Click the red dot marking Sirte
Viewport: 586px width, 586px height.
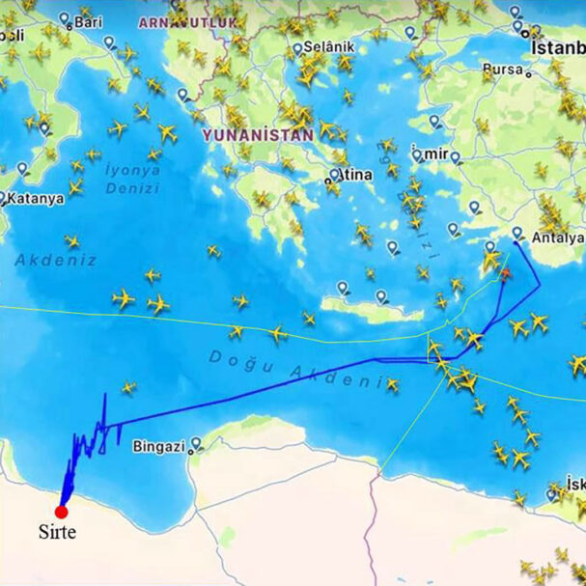point(61,512)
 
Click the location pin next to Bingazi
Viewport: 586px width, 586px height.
point(197,444)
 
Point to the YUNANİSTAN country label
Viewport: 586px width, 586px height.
point(258,136)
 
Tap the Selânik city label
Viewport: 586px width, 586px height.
point(329,46)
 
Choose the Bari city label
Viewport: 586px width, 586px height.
point(88,21)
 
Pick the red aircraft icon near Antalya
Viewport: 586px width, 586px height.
point(503,274)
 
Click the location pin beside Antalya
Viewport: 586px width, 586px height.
point(517,233)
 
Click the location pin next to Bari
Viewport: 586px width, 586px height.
point(65,18)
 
